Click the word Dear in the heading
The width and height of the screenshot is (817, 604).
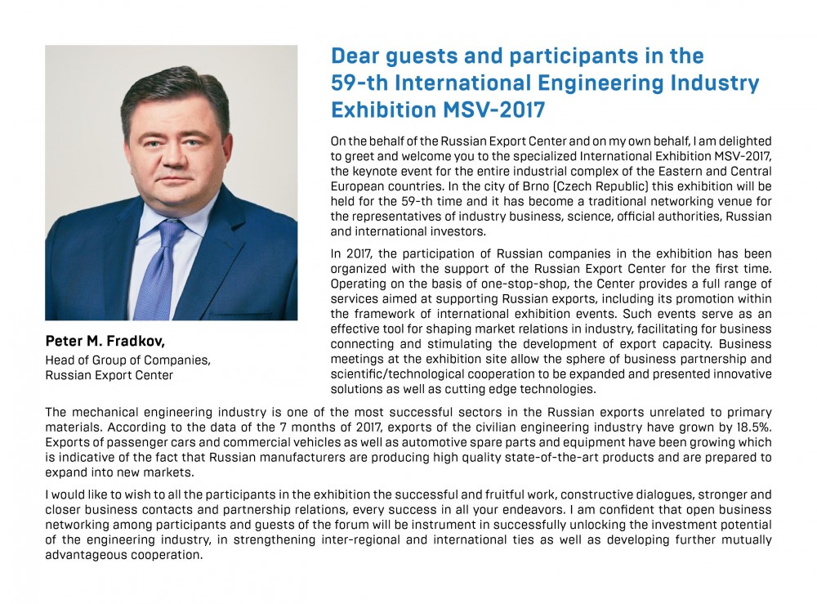pos(357,56)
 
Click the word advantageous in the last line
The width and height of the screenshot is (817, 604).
pos(86,555)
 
